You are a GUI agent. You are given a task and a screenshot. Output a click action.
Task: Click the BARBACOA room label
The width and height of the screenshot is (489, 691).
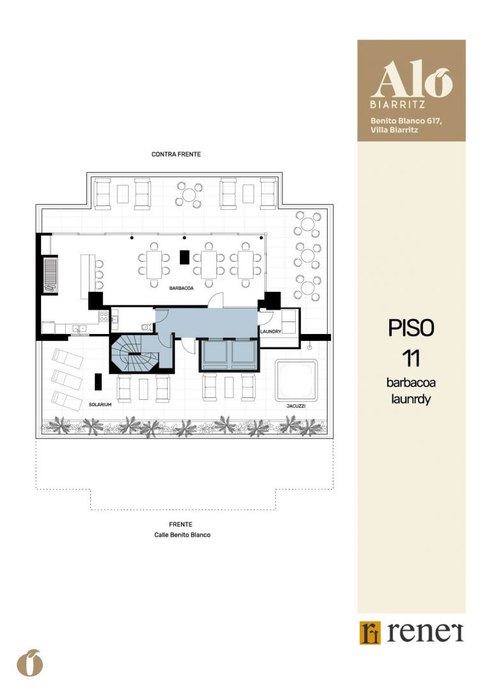pos(181,288)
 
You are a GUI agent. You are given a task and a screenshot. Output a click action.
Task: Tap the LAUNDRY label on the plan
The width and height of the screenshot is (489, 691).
pos(271,331)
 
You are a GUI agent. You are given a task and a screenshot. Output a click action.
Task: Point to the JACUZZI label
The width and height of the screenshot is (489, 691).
pos(296,406)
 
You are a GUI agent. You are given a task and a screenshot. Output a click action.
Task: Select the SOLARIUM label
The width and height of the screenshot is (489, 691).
pos(100,404)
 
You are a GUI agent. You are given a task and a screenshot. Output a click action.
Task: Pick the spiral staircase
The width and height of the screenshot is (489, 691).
pos(129,353)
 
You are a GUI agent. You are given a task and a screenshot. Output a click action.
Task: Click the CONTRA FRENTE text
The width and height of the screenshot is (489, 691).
pos(176,154)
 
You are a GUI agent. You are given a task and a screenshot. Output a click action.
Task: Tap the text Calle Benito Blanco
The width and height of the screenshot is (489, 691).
pos(182,535)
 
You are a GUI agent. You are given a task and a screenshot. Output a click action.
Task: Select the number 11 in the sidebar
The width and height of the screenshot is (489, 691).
pos(411,358)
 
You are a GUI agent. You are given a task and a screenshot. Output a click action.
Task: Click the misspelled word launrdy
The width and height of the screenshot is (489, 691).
pos(411,399)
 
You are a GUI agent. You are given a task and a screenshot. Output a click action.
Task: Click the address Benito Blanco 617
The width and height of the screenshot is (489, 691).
pos(406,121)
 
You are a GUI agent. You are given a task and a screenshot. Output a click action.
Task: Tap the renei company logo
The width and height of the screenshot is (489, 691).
pos(412,632)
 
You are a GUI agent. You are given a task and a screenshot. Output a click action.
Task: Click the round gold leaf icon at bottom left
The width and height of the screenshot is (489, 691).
pos(30,663)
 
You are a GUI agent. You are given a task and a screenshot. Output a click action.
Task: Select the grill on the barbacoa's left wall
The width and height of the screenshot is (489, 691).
pos(51,275)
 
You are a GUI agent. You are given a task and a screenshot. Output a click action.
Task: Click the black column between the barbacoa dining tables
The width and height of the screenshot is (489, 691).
pos(184,257)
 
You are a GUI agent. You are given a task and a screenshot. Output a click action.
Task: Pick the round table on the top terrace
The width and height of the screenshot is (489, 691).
pos(189,195)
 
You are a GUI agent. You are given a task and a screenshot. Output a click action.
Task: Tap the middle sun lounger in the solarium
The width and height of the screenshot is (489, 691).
pos(67,379)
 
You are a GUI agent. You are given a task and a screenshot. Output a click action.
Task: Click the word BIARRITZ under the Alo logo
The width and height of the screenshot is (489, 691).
pos(397,105)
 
